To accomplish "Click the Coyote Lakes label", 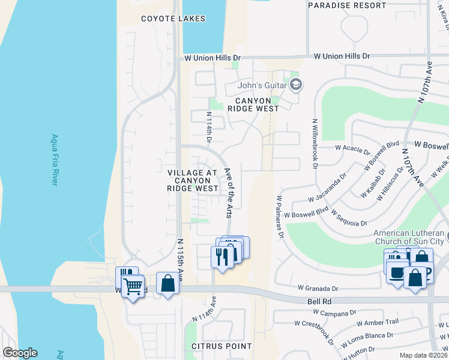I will click(173, 19).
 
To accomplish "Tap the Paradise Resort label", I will click(346, 5).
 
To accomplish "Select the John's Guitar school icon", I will click(295, 85).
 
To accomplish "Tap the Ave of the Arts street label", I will click(229, 191).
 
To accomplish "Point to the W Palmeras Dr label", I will click(279, 216).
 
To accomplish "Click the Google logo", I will click(20, 353).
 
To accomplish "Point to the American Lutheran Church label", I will click(409, 236).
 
